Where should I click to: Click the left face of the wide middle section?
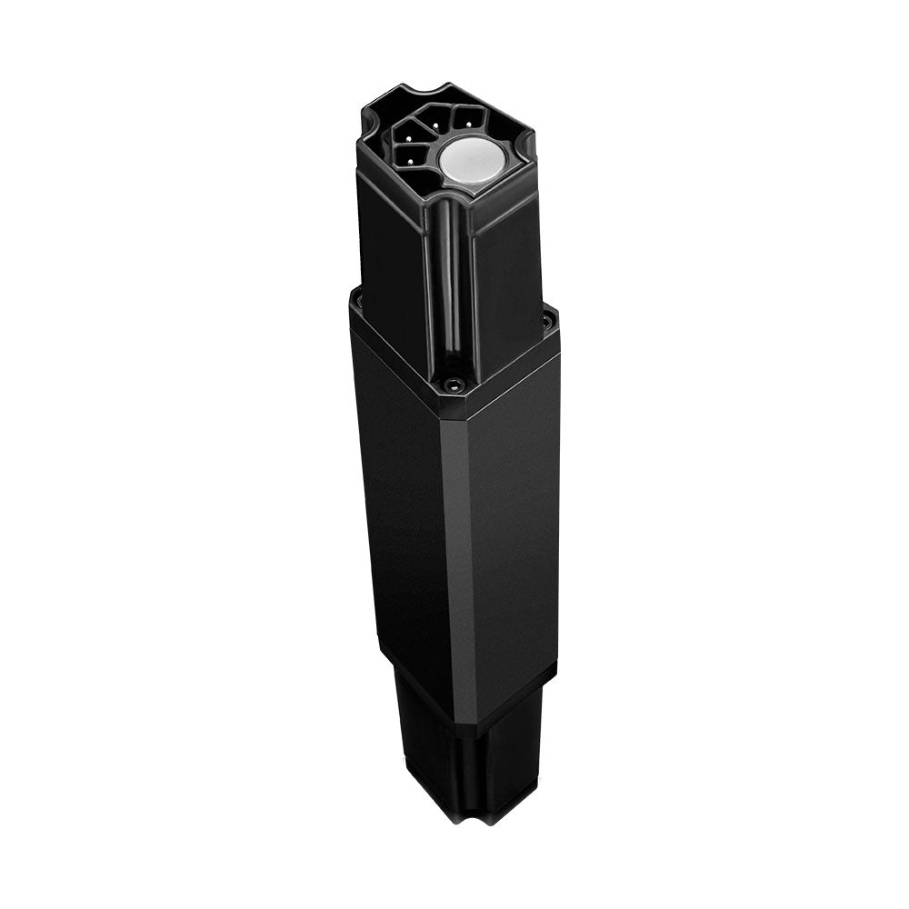click(400, 509)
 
